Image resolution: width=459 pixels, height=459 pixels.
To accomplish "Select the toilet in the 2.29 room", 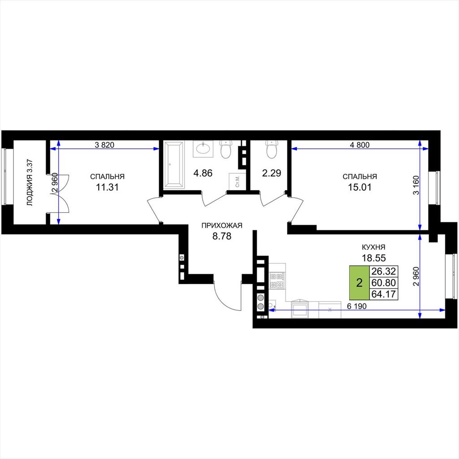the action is (271, 149).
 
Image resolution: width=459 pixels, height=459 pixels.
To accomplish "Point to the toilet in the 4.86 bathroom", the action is (226, 149).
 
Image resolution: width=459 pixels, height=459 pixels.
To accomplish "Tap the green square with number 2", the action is (359, 283).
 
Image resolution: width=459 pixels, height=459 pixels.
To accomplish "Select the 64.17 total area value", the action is (384, 294).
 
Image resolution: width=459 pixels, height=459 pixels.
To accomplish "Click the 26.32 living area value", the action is (384, 271).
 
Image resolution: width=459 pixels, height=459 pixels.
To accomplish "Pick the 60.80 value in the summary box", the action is (384, 283).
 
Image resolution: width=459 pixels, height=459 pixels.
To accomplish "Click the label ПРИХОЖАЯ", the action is (222, 225).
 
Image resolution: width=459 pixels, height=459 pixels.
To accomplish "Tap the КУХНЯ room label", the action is (373, 247).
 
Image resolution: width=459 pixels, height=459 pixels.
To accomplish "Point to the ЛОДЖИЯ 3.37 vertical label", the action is (30, 182).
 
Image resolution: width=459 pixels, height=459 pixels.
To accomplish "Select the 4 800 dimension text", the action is (360, 145).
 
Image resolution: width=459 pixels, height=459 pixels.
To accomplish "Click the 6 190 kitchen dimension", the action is (356, 306).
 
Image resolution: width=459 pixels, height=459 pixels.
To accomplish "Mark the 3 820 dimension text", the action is (104, 145).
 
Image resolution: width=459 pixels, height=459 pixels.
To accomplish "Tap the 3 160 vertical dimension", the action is (416, 185).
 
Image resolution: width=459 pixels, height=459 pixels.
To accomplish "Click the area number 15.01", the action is (359, 187).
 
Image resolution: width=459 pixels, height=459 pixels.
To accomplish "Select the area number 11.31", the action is (108, 187).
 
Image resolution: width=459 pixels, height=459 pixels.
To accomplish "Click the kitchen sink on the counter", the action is (299, 309).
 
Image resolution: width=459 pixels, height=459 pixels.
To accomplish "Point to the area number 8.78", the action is (222, 236).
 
